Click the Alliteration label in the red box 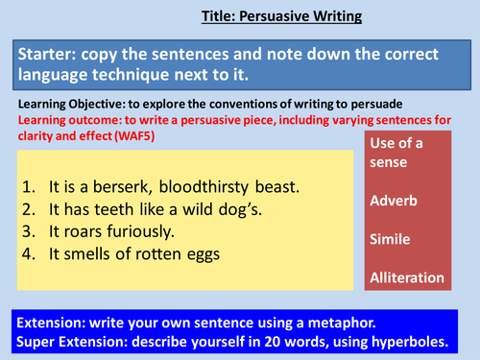(406, 278)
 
